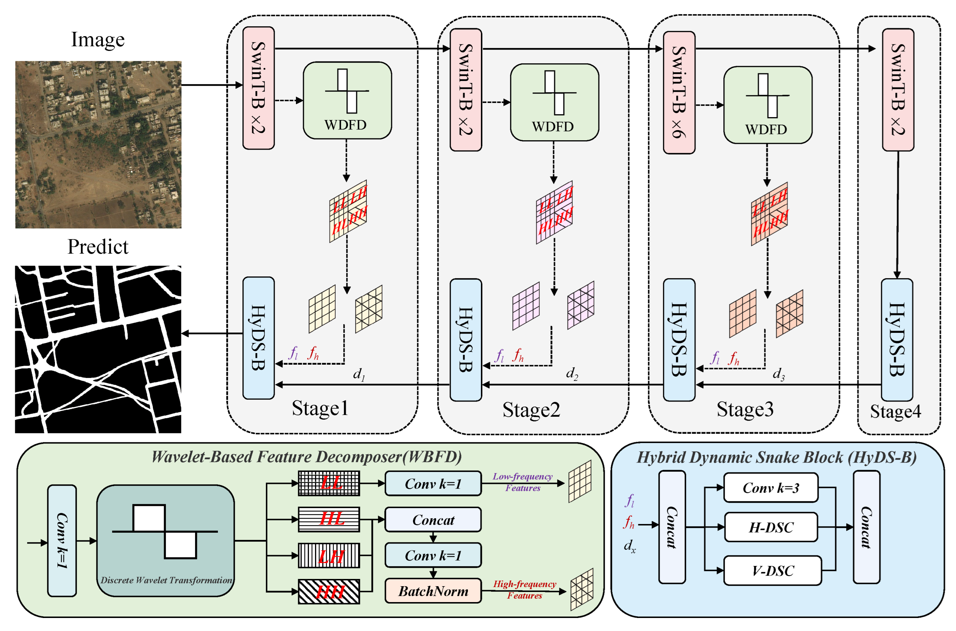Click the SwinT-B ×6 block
click(679, 93)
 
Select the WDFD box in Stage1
click(347, 100)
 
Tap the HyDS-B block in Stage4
click(896, 340)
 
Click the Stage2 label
click(531, 410)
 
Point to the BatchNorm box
click(433, 591)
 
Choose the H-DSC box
click(771, 527)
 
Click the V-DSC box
click(772, 570)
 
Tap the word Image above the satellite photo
click(98, 39)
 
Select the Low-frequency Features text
click(522, 482)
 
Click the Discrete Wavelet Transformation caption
click(166, 580)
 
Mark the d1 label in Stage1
click(359, 374)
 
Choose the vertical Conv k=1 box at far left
click(62, 540)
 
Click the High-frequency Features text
click(525, 589)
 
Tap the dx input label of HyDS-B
click(629, 546)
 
